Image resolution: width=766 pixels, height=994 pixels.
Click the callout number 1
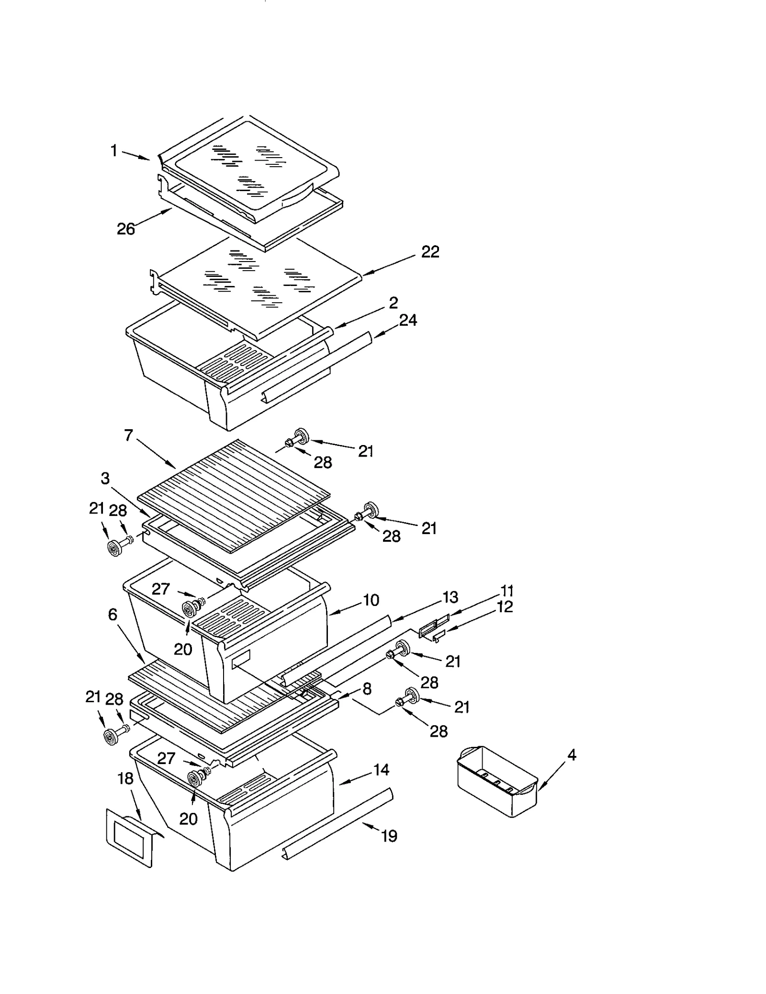[114, 151]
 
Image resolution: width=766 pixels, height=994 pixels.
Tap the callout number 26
[126, 229]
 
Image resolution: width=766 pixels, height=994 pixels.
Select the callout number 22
[430, 252]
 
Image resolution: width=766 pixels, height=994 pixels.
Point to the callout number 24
[408, 320]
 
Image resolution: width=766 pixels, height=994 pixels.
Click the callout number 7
[128, 435]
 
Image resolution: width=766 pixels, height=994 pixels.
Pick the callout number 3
[105, 478]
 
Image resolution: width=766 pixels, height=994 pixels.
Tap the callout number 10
[371, 600]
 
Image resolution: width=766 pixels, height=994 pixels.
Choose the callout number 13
[450, 597]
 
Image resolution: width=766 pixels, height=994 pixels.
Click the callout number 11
[507, 590]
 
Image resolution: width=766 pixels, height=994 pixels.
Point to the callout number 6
[113, 614]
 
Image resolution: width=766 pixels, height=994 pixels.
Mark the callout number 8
[367, 689]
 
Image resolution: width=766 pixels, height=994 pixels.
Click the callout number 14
[381, 770]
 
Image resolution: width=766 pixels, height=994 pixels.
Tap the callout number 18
[125, 778]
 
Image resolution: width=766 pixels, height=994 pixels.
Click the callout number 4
[571, 755]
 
